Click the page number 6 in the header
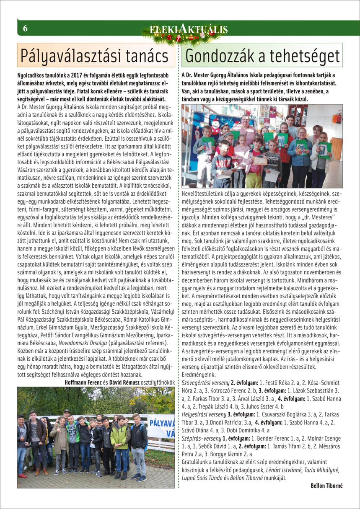[x=25, y=28]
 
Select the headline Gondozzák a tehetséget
[x=262, y=55]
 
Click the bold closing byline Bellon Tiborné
[x=326, y=486]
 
